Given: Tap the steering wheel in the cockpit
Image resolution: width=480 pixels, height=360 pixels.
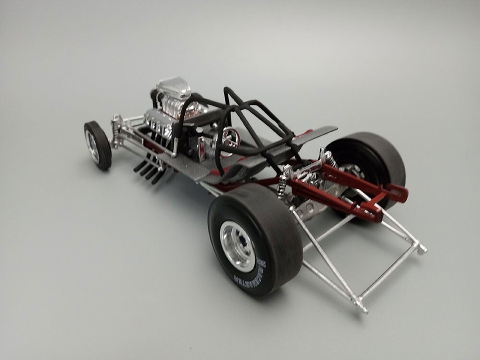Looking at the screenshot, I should pos(230,135).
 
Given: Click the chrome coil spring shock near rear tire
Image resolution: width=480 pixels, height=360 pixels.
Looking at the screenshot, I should pos(283,182).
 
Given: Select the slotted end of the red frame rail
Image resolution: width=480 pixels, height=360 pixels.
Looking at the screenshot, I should pos(399,191).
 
